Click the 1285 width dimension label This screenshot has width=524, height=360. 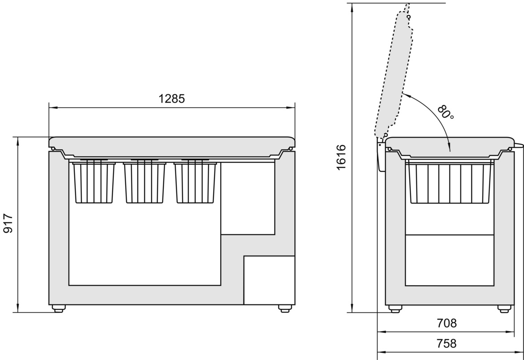pyautogui.click(x=171, y=99)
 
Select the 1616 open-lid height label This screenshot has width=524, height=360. pyautogui.click(x=341, y=157)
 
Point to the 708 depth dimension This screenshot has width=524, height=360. pyautogui.click(x=446, y=323)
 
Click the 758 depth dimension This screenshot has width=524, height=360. pyautogui.click(x=446, y=343)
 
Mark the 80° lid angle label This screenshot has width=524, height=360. pyautogui.click(x=445, y=112)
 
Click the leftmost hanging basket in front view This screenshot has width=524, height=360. pyautogui.click(x=94, y=182)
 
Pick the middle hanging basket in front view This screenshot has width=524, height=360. pyautogui.click(x=145, y=182)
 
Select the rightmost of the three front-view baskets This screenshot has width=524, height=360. pyautogui.click(x=196, y=182)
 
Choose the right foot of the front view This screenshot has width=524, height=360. pyautogui.click(x=284, y=308)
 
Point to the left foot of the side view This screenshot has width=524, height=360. pyautogui.click(x=395, y=309)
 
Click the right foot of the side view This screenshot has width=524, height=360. pyautogui.click(x=504, y=309)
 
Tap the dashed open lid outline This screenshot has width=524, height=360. pyautogui.click(x=393, y=72)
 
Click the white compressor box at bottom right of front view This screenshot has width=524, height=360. pyautogui.click(x=269, y=280)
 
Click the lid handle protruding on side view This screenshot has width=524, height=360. pyautogui.click(x=518, y=145)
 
